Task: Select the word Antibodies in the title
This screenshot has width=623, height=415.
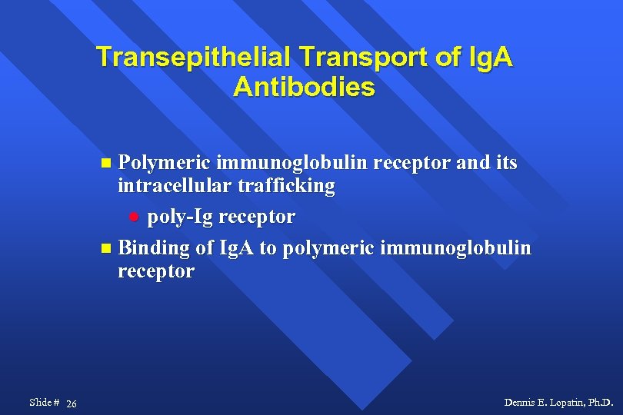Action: [305, 87]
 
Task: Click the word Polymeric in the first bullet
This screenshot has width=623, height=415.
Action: [165, 163]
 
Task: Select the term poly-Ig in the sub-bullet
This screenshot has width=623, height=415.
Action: [181, 217]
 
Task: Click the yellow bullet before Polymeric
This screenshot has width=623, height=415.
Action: [106, 164]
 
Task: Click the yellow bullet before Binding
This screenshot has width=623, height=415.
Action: [106, 249]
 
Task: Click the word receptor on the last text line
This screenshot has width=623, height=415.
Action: [156, 271]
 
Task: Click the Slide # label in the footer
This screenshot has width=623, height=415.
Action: [44, 403]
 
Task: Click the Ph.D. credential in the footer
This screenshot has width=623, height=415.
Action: [601, 403]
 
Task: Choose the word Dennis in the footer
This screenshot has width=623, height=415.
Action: [519, 403]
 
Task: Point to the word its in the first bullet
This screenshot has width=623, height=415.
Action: [504, 163]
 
